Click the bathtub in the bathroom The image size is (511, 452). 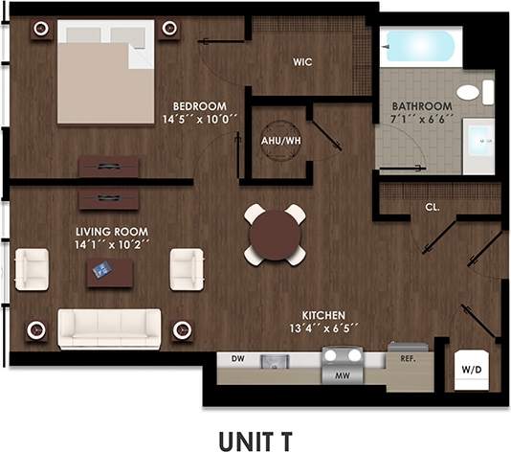coord(420,46)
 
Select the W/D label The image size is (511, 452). coord(471,368)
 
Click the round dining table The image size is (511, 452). coord(275,235)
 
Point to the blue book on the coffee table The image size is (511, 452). coord(100,271)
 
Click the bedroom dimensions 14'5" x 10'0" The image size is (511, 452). coord(200,120)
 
